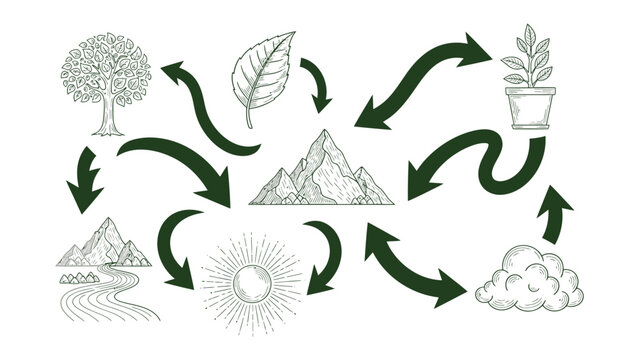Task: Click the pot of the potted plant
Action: coord(529,108)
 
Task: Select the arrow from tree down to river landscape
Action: coord(85,180)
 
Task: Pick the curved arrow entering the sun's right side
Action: coord(326,255)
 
